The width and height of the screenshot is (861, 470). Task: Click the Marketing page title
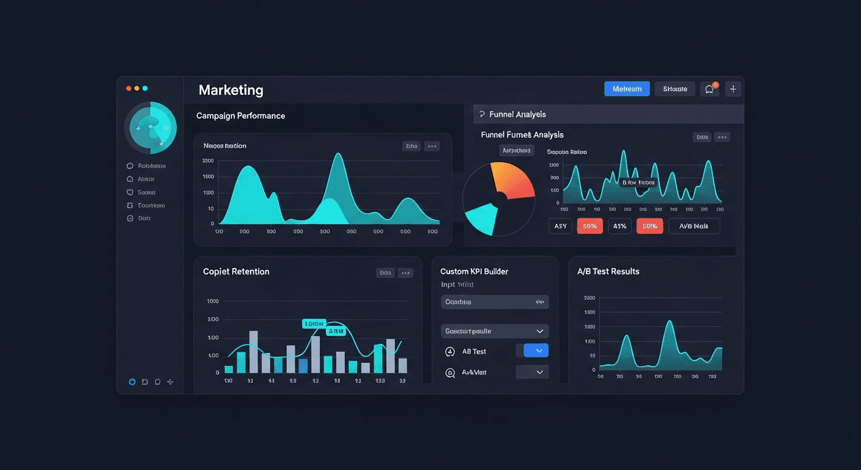(231, 90)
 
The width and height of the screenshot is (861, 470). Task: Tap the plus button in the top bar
(733, 89)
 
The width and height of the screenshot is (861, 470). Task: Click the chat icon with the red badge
(709, 89)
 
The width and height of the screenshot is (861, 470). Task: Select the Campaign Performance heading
(240, 116)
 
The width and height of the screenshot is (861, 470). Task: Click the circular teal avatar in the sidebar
(150, 127)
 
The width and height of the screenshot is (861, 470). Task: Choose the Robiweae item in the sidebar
(152, 166)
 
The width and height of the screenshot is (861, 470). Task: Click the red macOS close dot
(129, 89)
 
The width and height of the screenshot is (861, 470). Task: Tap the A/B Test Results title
(608, 271)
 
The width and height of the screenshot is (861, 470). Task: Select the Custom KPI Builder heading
(474, 271)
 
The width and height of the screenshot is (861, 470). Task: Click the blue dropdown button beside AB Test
(536, 351)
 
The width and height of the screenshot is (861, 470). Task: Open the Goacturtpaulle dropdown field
(494, 331)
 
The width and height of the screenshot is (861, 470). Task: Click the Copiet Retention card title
(236, 271)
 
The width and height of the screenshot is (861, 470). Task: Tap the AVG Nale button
(694, 226)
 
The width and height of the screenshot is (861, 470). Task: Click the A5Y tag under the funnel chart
(560, 226)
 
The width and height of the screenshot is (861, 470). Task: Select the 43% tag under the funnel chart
(619, 226)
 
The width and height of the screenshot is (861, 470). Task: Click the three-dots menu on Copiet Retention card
(405, 273)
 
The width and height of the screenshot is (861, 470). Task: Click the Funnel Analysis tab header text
(517, 114)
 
